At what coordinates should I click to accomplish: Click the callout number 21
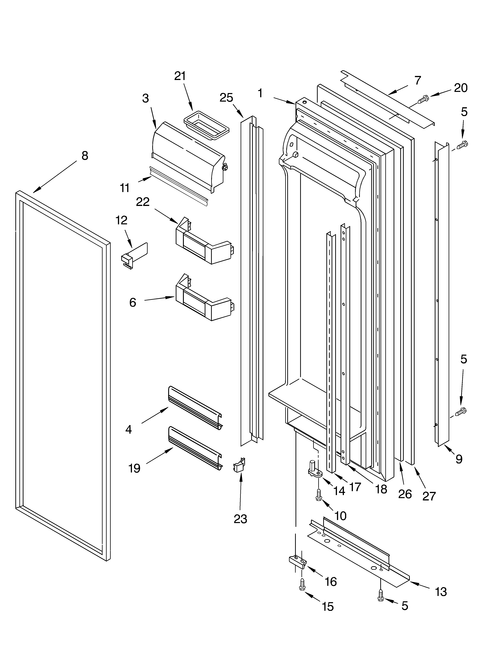(180, 76)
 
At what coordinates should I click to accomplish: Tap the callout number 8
(85, 156)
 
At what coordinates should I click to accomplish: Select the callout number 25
(226, 98)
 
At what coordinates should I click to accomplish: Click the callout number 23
(240, 519)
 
